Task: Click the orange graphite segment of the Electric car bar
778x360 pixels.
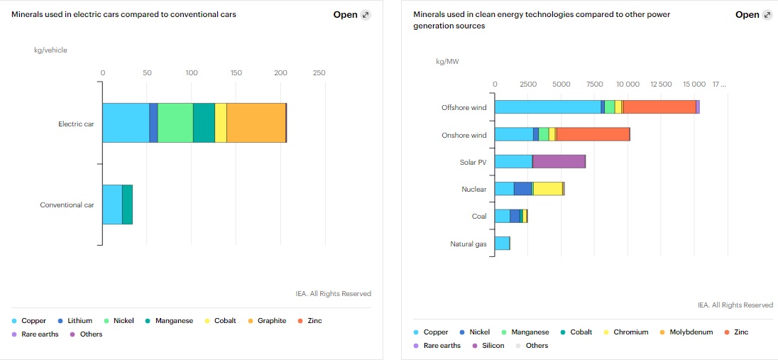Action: [256, 123]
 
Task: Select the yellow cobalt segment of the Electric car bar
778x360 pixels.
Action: [221, 123]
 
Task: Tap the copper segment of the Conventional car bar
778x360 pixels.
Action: [112, 204]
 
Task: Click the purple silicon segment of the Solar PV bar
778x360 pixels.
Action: [559, 162]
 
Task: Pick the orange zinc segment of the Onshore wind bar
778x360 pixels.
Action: [593, 134]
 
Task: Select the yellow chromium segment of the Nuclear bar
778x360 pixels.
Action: [547, 189]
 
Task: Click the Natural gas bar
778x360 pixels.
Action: [502, 244]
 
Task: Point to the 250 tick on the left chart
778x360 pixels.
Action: [319, 72]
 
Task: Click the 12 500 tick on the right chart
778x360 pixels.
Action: [661, 84]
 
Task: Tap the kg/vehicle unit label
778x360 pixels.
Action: [50, 50]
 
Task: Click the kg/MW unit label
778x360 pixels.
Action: [447, 61]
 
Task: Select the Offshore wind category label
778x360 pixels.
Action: [464, 108]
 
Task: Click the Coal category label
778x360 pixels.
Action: [479, 217]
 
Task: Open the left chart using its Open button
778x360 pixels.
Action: [352, 15]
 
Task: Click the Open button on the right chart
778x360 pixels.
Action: [754, 15]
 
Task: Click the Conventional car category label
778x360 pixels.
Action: [67, 205]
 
